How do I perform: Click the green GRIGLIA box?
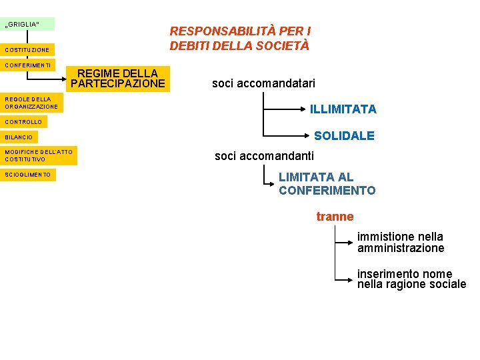(x=27, y=25)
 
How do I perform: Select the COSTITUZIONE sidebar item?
(x=27, y=50)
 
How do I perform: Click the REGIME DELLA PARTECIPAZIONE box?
(x=118, y=78)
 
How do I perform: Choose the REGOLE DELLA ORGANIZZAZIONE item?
(x=31, y=103)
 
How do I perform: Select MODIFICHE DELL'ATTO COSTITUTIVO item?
(x=39, y=156)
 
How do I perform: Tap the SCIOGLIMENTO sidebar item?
(x=28, y=175)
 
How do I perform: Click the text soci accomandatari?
(x=263, y=83)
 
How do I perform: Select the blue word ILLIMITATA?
(x=343, y=109)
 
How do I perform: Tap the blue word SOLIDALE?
(x=344, y=136)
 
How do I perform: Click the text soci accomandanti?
(x=264, y=157)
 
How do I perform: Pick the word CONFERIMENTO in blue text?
(x=327, y=191)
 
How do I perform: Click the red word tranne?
(x=335, y=217)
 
